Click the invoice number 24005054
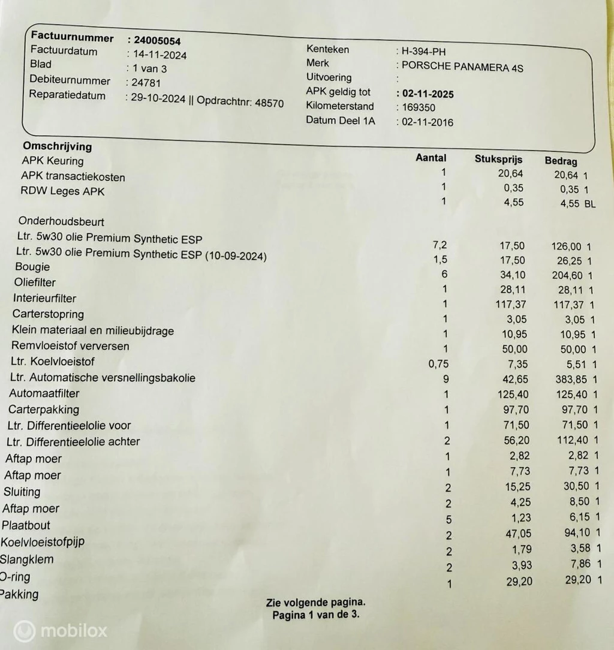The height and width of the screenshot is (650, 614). [156, 41]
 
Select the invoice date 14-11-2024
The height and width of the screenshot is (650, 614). [159, 55]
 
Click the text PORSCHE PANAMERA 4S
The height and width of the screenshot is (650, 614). [462, 67]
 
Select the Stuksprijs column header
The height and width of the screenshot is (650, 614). [498, 160]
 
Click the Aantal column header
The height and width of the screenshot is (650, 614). [431, 158]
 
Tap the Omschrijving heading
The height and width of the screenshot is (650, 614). [57, 146]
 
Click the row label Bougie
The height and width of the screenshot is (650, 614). [32, 267]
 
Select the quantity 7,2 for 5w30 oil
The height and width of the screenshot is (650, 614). [441, 245]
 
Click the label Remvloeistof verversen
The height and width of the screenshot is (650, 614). [70, 346]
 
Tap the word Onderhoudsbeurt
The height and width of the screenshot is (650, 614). [61, 222]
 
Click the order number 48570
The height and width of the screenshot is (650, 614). [269, 103]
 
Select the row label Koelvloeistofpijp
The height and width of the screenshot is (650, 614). [43, 542]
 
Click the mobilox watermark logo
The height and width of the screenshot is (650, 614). [60, 630]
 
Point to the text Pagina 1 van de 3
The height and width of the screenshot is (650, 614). [315, 615]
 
